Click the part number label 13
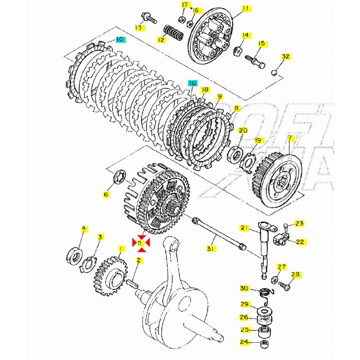(139, 27)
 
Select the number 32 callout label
(286, 56)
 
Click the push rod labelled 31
(218, 234)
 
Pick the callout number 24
(244, 342)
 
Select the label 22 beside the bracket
(300, 242)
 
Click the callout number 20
(243, 130)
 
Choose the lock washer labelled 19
(248, 162)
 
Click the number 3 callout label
(100, 237)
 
